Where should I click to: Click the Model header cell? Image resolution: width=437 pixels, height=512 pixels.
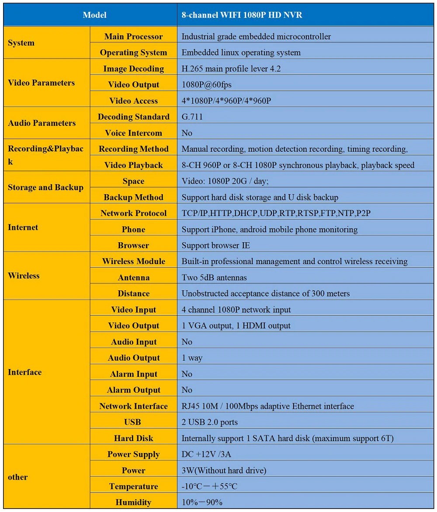tap(94, 15)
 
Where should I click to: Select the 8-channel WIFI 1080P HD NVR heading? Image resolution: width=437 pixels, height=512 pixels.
tap(242, 15)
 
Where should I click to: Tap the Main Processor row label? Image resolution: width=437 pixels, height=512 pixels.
tap(133, 37)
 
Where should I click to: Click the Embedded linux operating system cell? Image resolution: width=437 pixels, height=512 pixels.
tap(241, 53)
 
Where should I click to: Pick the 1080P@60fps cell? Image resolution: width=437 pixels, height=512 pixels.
tap(207, 85)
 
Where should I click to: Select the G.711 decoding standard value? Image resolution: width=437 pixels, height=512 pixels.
tap(192, 117)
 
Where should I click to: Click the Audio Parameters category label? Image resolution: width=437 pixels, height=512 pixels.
tap(42, 123)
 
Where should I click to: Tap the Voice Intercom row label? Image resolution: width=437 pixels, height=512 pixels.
tap(133, 133)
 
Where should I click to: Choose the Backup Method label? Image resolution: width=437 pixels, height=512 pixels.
tap(133, 197)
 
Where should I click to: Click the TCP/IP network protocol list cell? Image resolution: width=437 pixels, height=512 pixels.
tap(276, 213)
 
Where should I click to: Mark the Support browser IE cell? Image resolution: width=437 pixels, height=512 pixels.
tap(216, 245)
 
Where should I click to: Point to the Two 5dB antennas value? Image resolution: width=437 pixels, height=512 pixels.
tap(214, 278)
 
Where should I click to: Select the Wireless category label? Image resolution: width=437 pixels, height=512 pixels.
tap(24, 276)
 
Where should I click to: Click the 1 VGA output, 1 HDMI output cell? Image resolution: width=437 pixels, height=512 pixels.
tap(236, 326)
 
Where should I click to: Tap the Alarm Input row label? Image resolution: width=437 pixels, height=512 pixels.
tap(133, 374)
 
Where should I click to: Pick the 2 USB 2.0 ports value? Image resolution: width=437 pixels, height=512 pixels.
tap(210, 422)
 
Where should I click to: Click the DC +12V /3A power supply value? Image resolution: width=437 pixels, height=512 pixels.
tap(206, 454)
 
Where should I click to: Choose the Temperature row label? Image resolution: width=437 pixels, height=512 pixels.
tap(133, 487)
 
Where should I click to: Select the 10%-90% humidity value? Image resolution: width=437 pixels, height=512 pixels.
tap(202, 502)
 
